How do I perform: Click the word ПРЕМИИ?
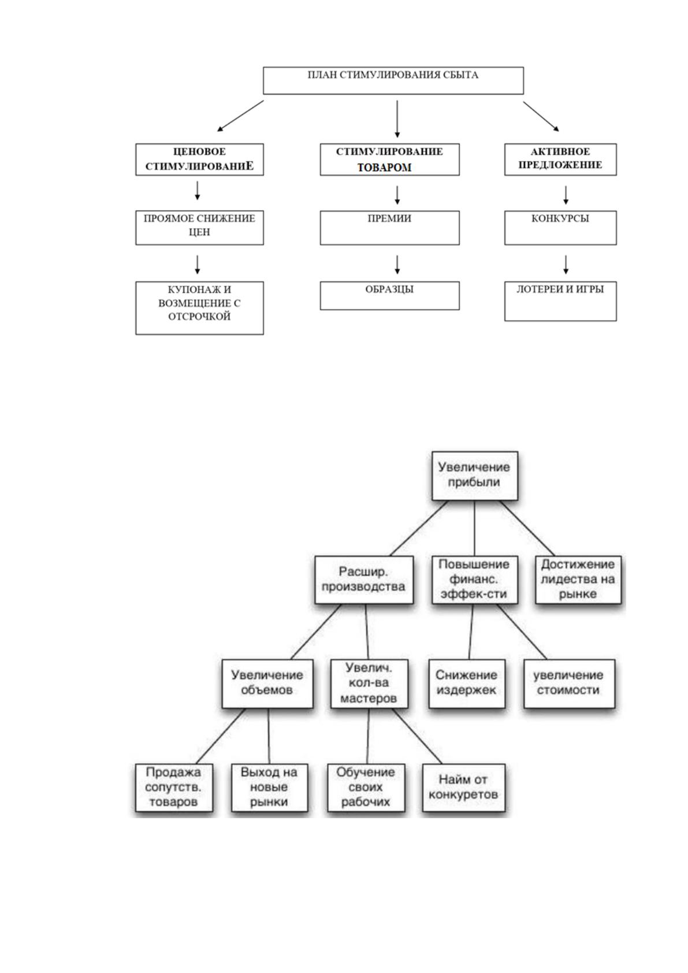[x=389, y=218]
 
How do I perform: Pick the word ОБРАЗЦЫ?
[x=389, y=289]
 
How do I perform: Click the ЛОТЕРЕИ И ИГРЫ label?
[x=560, y=289]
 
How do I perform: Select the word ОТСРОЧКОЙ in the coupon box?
[x=199, y=317]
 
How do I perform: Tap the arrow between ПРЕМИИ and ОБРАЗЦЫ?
[x=397, y=265]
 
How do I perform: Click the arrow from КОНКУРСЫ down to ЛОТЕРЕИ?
[x=566, y=265]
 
